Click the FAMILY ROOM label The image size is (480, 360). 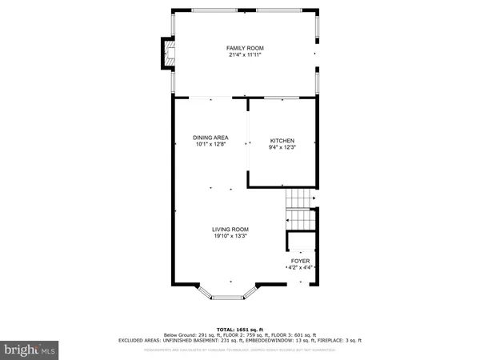[243, 49]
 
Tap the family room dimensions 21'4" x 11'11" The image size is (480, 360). [243, 56]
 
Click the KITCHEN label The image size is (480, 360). [282, 141]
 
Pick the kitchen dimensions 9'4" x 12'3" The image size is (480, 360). [282, 147]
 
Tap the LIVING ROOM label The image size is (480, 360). [230, 229]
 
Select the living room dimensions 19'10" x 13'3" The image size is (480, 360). [230, 236]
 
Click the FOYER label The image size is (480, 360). [300, 261]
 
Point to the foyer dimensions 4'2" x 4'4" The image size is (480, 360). [300, 267]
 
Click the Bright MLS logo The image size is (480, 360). [30, 349]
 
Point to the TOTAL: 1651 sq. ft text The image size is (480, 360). [239, 329]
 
